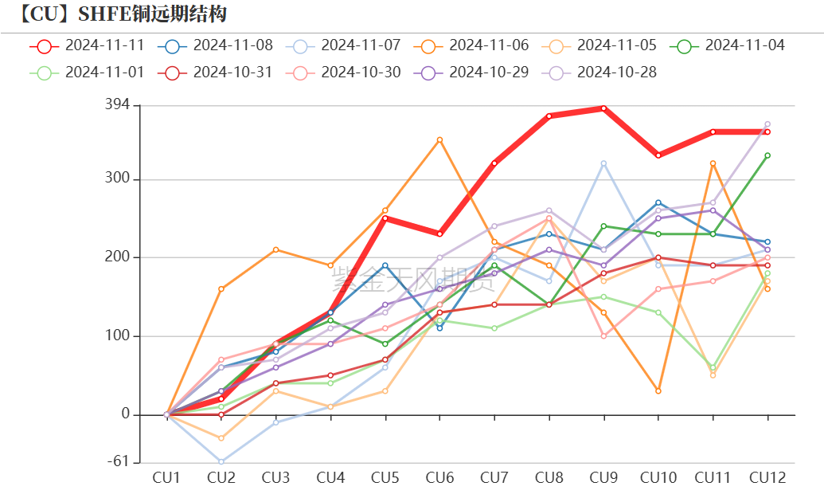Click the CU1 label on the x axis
click(166, 478)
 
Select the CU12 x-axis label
click(767, 478)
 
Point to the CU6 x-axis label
click(439, 478)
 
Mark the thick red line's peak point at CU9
click(603, 108)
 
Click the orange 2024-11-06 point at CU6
click(439, 140)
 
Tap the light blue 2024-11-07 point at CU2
click(221, 461)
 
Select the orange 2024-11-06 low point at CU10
click(658, 391)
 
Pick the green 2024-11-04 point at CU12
click(767, 155)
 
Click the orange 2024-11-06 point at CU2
click(221, 288)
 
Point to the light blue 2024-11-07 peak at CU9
click(603, 163)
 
